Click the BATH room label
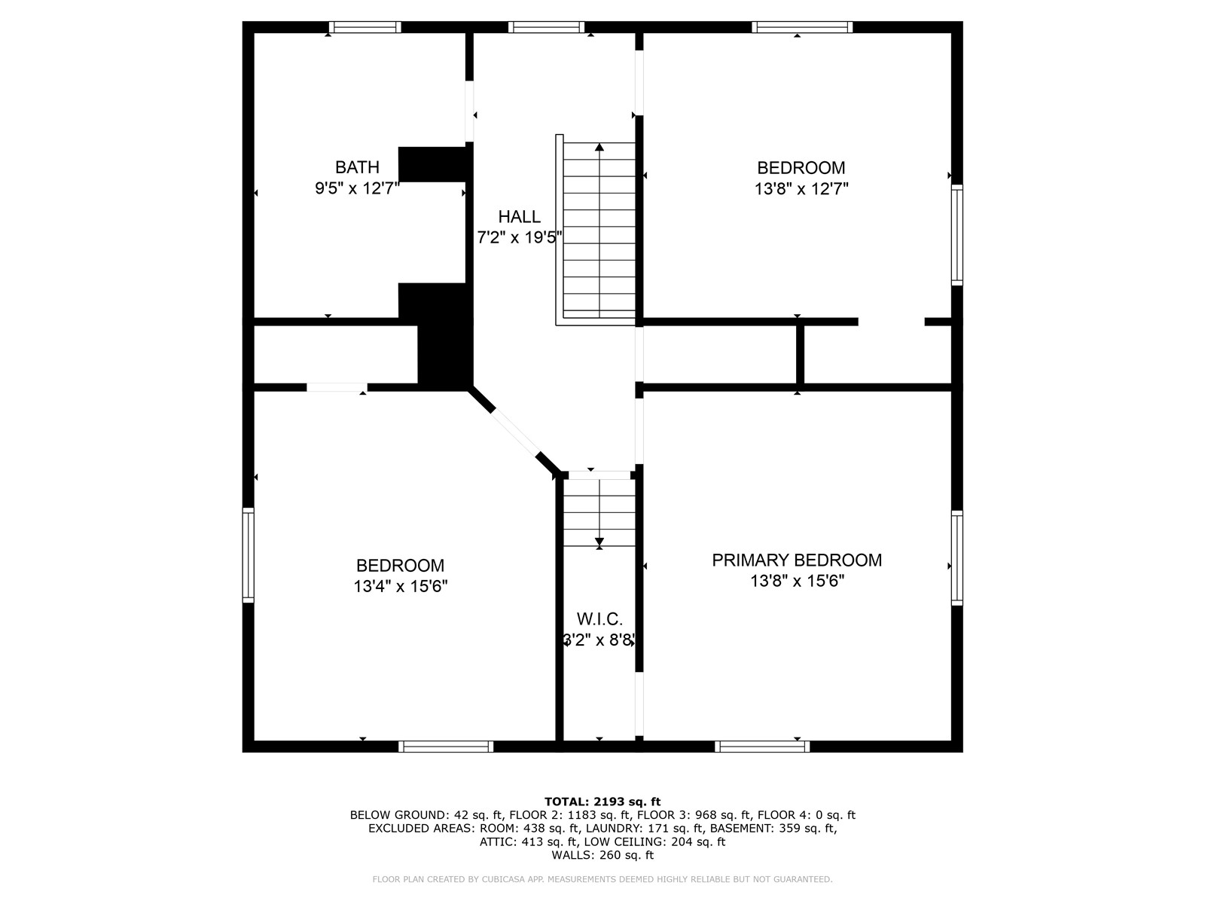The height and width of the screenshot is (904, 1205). point(357,166)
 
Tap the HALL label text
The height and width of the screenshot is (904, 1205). point(519,217)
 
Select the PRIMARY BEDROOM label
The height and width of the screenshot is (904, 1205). point(797,560)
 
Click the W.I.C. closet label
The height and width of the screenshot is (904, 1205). point(599,619)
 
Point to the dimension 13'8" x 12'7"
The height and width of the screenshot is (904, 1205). point(801,189)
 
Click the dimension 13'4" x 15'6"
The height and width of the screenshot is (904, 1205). point(400,586)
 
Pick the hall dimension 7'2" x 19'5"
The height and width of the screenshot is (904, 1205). point(519,237)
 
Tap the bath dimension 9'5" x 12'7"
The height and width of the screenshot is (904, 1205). point(357,188)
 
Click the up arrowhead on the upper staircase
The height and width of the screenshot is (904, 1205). point(599,147)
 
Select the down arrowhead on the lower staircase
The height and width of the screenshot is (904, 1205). point(599,542)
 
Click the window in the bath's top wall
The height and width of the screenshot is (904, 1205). point(365,27)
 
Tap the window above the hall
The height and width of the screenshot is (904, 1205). point(546,27)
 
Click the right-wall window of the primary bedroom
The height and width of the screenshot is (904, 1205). point(957,558)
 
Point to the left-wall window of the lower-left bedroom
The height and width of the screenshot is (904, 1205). point(248,555)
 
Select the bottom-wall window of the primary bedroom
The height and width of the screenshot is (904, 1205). point(762,747)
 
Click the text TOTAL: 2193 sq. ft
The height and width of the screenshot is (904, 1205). point(602,802)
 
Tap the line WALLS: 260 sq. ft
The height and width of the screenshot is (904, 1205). point(602,855)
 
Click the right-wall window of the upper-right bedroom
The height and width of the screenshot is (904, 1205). point(957,235)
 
